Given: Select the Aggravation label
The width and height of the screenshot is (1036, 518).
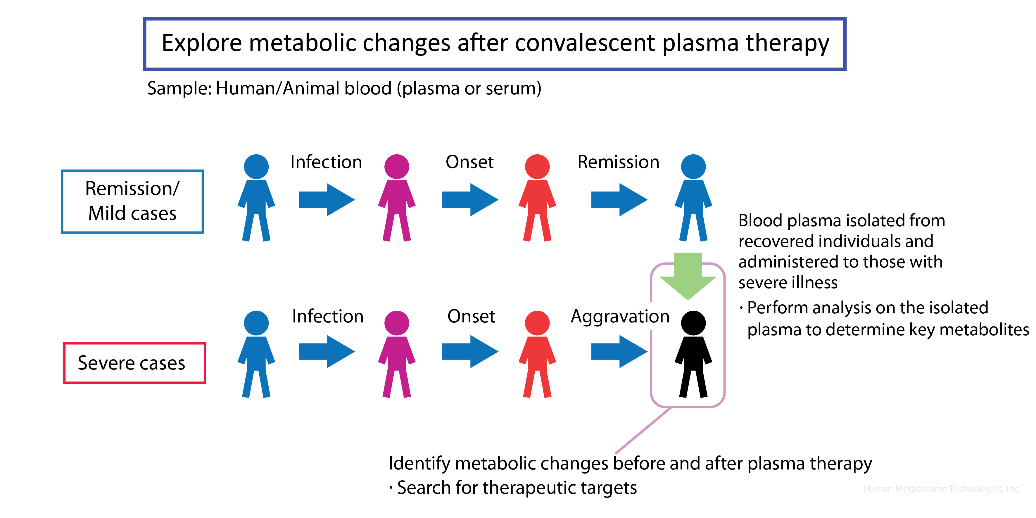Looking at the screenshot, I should (620, 316).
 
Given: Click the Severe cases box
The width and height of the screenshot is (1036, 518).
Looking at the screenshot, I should (135, 363).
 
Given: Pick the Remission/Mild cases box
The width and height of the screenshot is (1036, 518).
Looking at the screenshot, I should (132, 201).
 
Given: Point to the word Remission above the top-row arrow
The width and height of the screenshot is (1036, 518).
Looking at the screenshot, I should (618, 162).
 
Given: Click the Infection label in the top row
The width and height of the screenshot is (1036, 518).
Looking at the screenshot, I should (326, 162).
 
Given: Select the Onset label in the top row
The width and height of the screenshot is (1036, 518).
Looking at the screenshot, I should (469, 162).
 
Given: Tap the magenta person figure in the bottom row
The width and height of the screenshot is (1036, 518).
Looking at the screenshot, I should (397, 354).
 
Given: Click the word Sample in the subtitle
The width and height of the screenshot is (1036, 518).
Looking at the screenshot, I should (179, 89).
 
